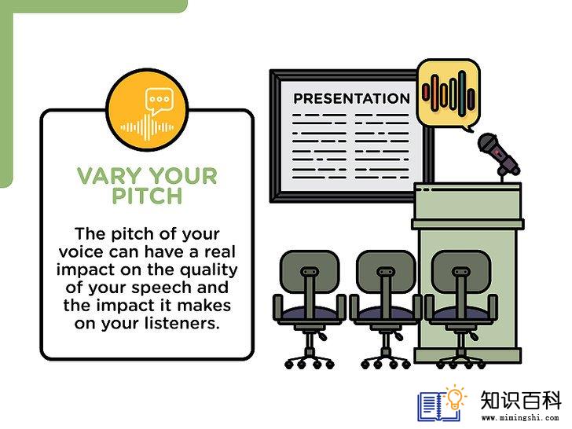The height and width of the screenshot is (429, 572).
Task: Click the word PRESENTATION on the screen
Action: click(352, 98)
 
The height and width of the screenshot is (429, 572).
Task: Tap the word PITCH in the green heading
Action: click(147, 196)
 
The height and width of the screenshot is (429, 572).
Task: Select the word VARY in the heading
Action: click(109, 176)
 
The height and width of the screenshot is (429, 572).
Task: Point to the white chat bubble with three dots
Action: click(159, 101)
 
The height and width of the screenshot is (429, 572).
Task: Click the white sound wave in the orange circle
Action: click(147, 127)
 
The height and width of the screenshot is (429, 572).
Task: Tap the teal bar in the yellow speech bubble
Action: click(462, 93)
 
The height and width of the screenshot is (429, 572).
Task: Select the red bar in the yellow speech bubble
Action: click(425, 92)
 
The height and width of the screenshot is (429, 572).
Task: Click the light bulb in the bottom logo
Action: click(455, 398)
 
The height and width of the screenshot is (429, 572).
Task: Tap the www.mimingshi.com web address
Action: click(520, 417)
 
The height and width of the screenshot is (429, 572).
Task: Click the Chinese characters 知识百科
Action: click(521, 400)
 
